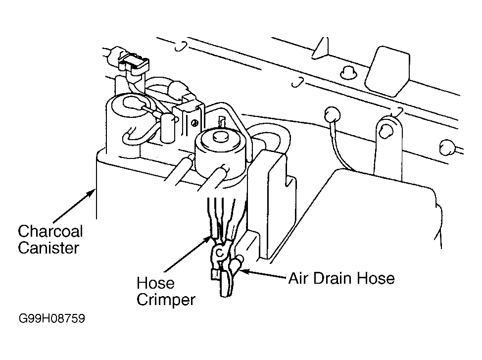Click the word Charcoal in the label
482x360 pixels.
(x=50, y=232)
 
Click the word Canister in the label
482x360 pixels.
(x=48, y=248)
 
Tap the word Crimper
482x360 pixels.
(x=166, y=300)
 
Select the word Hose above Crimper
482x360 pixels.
(x=155, y=283)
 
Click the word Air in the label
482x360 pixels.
(x=299, y=278)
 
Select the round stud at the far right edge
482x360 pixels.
(x=446, y=147)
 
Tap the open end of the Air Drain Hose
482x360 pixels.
(x=240, y=259)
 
